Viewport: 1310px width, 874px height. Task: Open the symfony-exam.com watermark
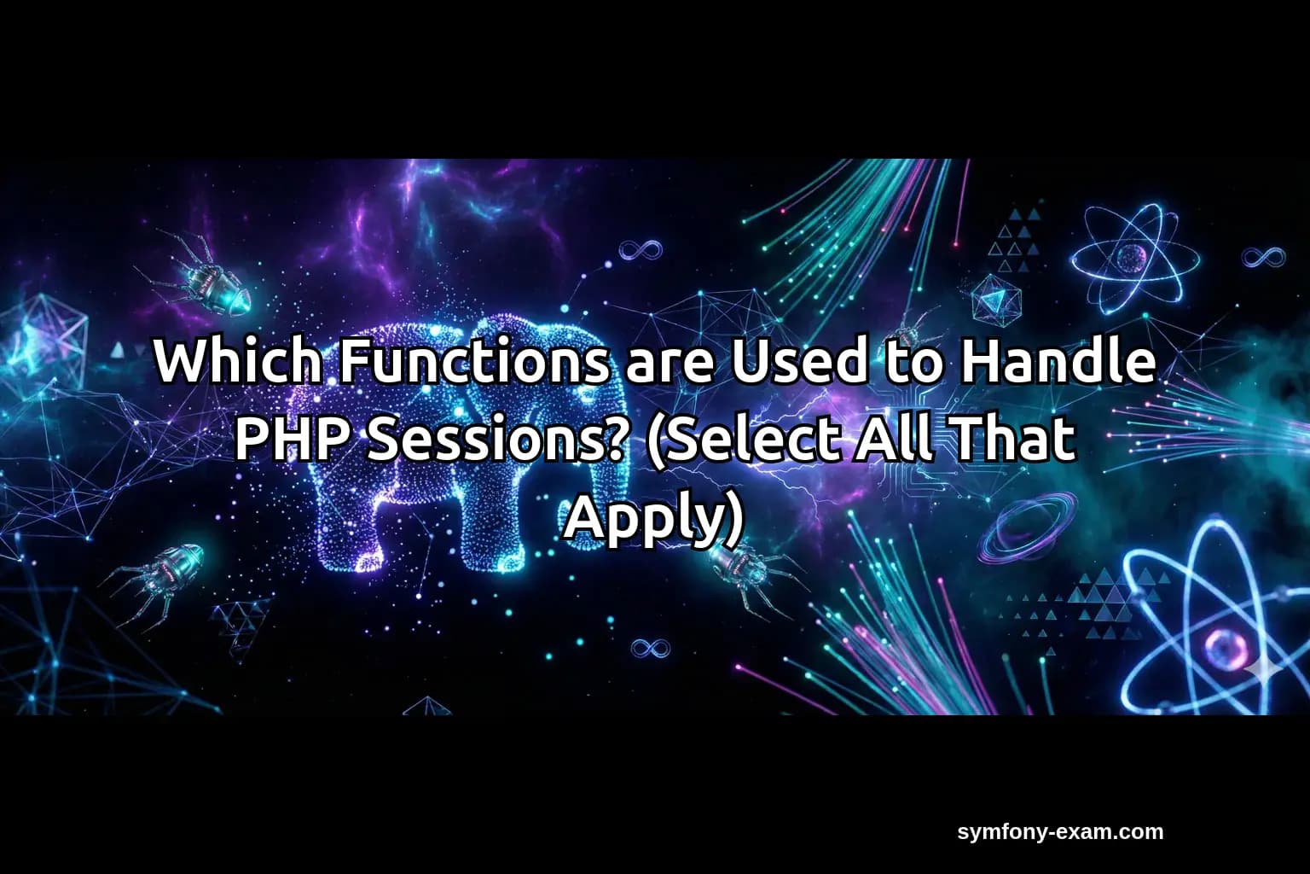tap(1060, 831)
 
